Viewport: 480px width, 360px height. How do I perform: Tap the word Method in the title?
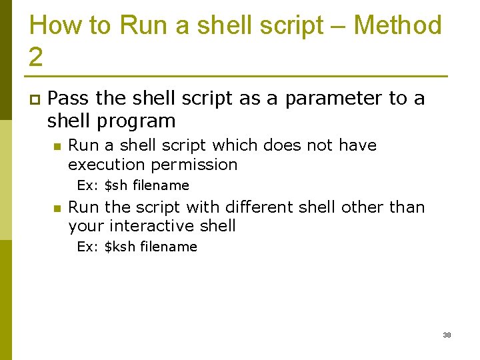[397, 26]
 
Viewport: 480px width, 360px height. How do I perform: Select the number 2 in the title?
[36, 57]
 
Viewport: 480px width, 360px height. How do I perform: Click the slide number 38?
[447, 335]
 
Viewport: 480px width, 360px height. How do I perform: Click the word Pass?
[69, 99]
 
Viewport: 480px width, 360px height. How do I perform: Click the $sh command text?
[117, 185]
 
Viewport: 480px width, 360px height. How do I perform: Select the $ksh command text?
[121, 247]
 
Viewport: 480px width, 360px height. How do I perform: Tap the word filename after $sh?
[161, 185]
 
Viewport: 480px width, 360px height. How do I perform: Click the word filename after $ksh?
[169, 247]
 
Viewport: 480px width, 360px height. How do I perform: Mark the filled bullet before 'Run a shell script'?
[57, 147]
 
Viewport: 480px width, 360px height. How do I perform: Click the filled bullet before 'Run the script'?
[57, 209]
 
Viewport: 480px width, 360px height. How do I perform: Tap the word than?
[407, 207]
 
